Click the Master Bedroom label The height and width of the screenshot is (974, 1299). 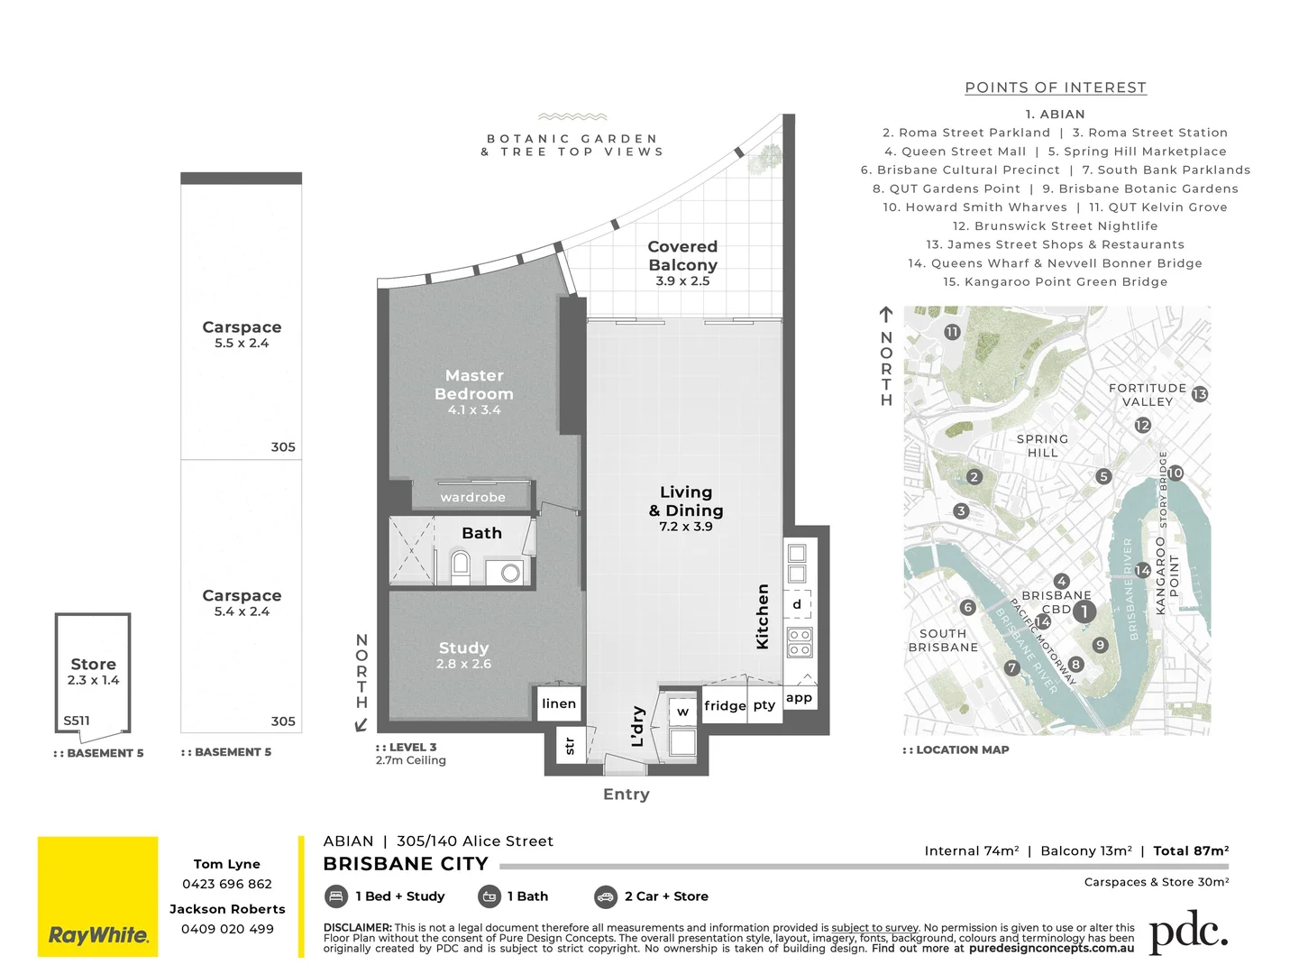(474, 385)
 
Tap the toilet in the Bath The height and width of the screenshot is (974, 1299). (460, 565)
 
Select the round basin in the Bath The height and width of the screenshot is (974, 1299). (510, 572)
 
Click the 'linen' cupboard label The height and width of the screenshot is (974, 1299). (559, 703)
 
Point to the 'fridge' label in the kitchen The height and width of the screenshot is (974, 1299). (725, 705)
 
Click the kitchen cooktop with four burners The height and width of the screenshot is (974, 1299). (800, 641)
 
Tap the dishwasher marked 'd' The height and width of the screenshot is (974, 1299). (797, 604)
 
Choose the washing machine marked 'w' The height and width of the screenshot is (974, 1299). (682, 712)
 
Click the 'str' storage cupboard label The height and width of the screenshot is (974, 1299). (570, 746)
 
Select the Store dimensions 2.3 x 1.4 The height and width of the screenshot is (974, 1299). (93, 680)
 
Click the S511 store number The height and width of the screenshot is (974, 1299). (77, 721)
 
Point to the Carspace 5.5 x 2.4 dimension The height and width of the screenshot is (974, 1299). (242, 344)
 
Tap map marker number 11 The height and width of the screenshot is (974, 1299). (952, 332)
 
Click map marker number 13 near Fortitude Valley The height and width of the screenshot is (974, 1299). (1199, 394)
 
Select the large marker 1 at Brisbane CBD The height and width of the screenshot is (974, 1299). (1084, 611)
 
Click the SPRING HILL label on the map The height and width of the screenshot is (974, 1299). (1042, 446)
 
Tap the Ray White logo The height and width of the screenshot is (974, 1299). (97, 896)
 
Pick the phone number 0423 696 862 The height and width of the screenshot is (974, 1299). (227, 884)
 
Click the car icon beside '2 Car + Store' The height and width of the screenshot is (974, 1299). (606, 896)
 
